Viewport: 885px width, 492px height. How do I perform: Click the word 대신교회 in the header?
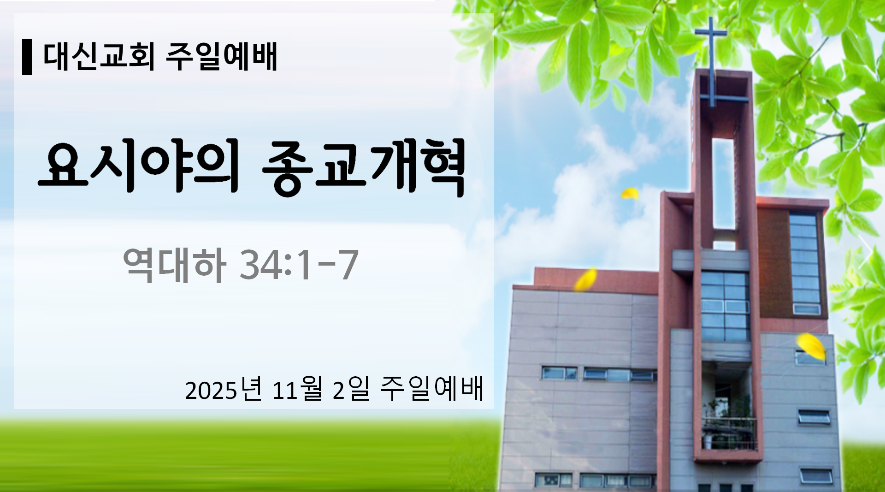tap(99, 57)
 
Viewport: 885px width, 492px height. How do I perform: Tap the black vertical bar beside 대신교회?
tap(27, 57)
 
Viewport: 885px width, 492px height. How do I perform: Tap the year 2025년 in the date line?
tap(224, 390)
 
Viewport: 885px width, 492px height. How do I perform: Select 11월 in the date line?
tap(297, 390)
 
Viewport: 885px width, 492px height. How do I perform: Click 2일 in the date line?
tap(351, 390)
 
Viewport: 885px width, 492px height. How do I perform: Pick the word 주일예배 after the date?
tap(432, 390)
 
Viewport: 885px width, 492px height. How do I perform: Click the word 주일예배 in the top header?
tap(221, 57)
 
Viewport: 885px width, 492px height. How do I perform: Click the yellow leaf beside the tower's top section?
tap(630, 194)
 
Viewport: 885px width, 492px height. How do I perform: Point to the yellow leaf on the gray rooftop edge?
tap(585, 279)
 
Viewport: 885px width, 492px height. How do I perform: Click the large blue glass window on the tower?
tap(725, 306)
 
